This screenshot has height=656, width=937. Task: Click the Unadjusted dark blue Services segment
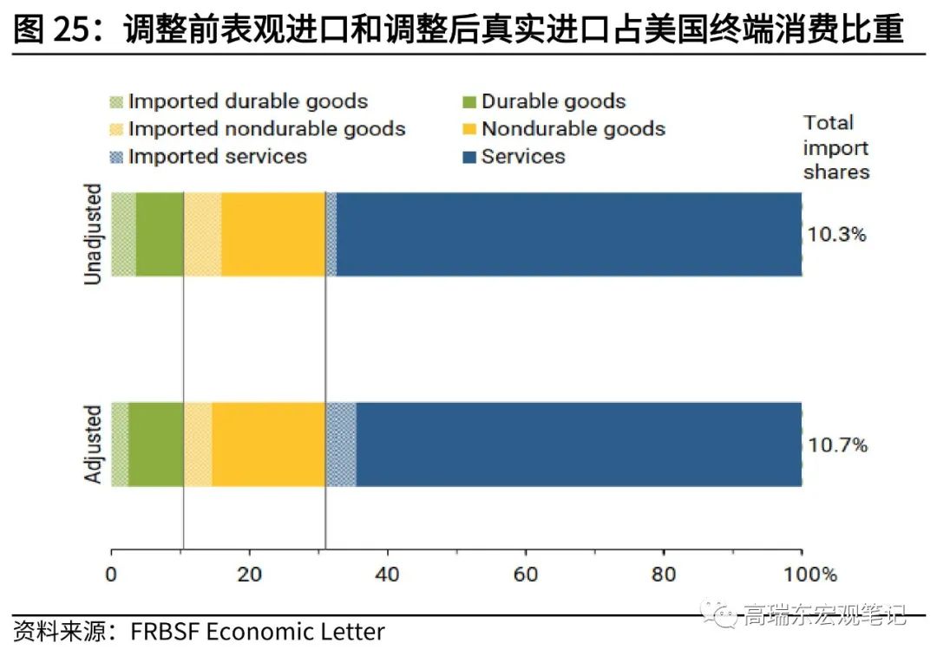tap(568, 234)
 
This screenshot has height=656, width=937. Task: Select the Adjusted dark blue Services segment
tap(578, 445)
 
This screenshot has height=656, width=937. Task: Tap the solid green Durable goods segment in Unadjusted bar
tap(159, 234)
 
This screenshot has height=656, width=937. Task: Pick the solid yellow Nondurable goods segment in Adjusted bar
tap(268, 445)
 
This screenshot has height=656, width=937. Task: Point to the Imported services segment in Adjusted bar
tap(341, 445)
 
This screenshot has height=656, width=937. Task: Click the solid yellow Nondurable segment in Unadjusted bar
tap(272, 234)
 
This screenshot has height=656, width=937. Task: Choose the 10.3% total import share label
tap(836, 234)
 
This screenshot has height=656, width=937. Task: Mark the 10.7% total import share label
tap(837, 445)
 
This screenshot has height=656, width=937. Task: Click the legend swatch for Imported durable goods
tap(117, 101)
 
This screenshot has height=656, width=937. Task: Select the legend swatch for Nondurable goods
tap(469, 129)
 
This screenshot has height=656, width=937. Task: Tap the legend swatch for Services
tap(469, 157)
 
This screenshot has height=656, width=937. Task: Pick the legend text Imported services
tap(217, 157)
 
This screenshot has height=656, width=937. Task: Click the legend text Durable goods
tap(554, 101)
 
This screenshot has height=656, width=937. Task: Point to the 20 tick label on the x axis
tap(249, 574)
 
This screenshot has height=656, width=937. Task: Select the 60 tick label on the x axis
tap(525, 574)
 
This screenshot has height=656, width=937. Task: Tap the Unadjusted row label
tap(94, 234)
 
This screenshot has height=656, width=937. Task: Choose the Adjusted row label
tap(94, 445)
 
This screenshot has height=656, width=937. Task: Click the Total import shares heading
tap(835, 146)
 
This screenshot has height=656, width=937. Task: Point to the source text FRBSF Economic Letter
tap(258, 632)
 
